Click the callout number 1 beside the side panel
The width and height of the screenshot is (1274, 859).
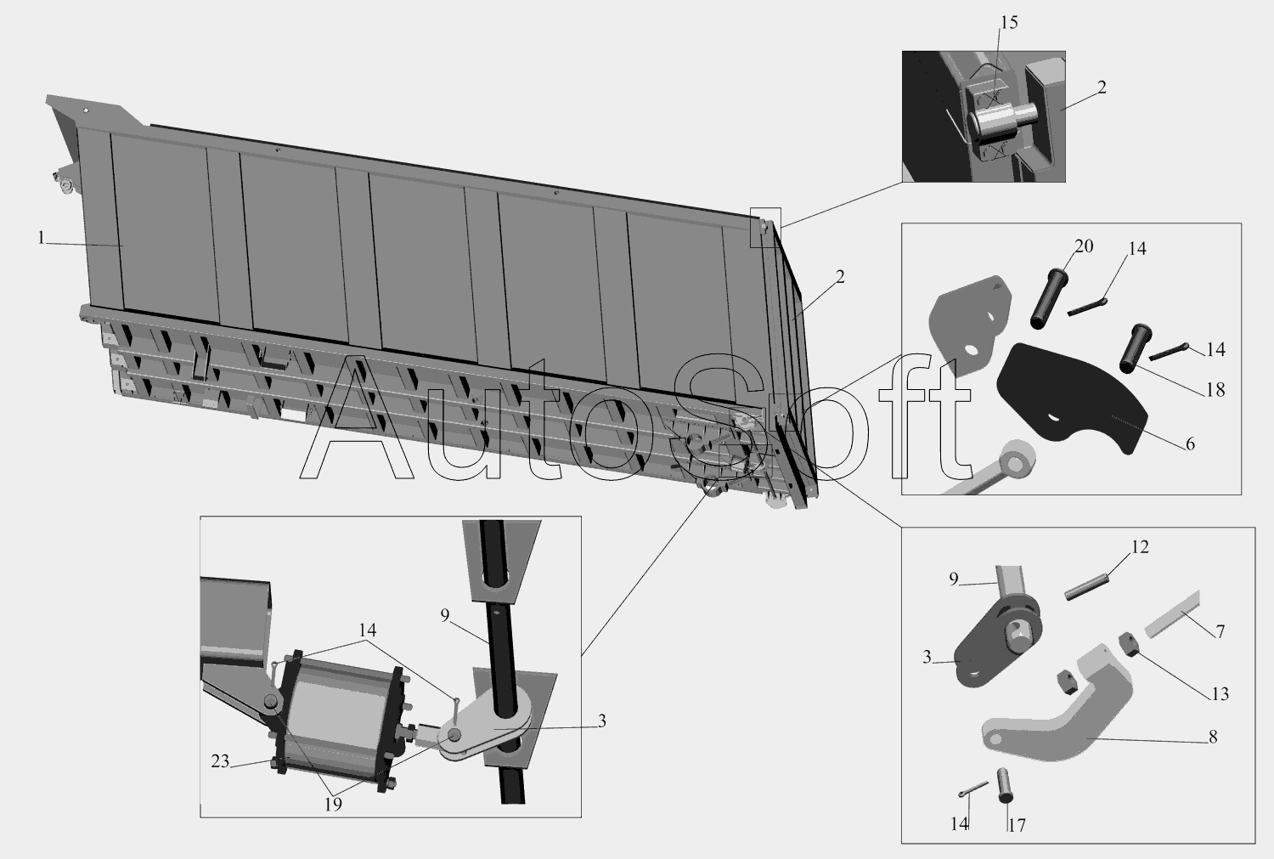(x=41, y=238)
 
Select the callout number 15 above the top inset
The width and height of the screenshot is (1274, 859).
(x=1009, y=23)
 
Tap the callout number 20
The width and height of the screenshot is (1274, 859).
(x=1084, y=246)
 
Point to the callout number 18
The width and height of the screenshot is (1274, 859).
(x=1215, y=390)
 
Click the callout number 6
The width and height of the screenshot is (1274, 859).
(x=1190, y=444)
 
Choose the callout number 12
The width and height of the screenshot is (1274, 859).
(x=1140, y=546)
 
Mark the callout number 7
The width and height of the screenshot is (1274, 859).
(x=1220, y=631)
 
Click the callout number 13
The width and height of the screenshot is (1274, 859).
(x=1220, y=693)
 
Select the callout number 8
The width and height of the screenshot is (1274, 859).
(x=1213, y=737)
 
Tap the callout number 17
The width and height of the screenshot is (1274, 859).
(x=1017, y=825)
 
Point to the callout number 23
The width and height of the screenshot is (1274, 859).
(x=220, y=761)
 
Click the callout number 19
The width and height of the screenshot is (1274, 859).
(x=333, y=805)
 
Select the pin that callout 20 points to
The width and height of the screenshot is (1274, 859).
(x=1047, y=298)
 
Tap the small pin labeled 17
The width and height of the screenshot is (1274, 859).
(x=1005, y=785)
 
